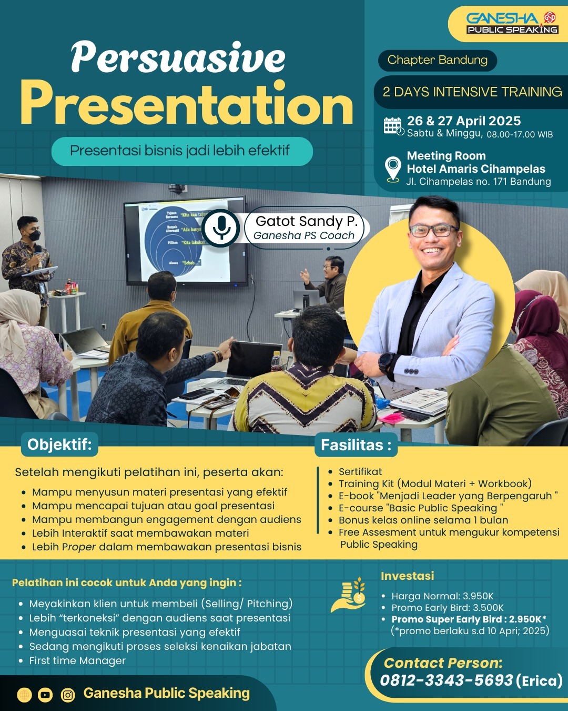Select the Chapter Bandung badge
(437, 60)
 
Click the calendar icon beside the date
(394, 126)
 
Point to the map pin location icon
(393, 169)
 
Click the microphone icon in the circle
(221, 228)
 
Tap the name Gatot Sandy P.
(307, 221)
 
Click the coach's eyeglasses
(434, 230)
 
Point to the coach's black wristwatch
(386, 363)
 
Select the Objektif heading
(59, 445)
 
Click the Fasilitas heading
(356, 445)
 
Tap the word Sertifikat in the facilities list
(360, 471)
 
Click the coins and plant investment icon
(349, 595)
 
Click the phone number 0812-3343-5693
(446, 680)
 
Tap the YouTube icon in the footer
(45, 695)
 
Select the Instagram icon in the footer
(68, 695)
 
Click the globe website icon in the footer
(24, 695)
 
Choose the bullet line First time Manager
(77, 660)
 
